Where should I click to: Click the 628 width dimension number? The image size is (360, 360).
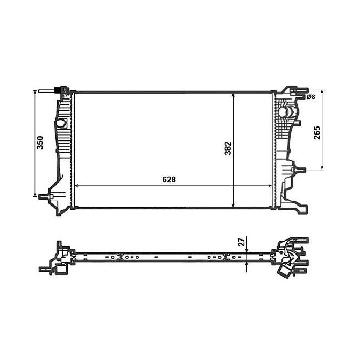[171, 179]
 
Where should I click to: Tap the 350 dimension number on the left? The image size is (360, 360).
[40, 143]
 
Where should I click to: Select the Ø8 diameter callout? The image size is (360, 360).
[310, 97]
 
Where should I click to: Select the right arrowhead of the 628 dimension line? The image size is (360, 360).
[272, 185]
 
